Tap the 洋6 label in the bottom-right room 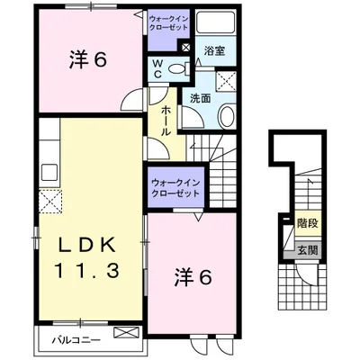click(193, 277)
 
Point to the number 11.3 click(87, 269)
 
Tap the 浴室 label click(213, 50)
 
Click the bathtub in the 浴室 click(212, 24)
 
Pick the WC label click(157, 68)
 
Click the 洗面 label click(201, 97)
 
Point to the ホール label click(166, 120)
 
